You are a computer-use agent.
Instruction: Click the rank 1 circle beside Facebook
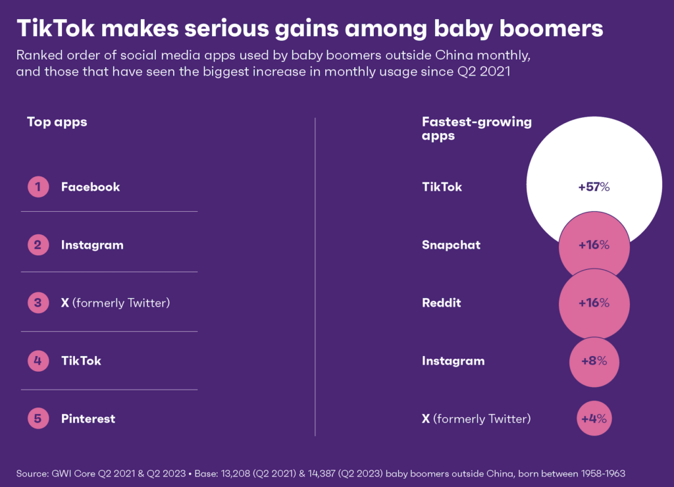tap(38, 187)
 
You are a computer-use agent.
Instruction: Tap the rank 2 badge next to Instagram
tap(38, 245)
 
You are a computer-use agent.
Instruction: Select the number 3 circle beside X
tap(38, 303)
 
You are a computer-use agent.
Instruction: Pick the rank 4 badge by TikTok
tap(38, 361)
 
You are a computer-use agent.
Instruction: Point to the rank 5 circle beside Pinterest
tap(38, 419)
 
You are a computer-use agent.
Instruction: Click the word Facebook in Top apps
tap(90, 187)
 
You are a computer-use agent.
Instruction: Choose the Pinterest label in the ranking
tap(88, 419)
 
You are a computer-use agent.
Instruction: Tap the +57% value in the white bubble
tap(594, 187)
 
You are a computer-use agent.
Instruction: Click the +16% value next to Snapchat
tap(594, 245)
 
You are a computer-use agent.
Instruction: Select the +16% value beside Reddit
tap(594, 303)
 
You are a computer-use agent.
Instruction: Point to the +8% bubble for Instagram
tap(594, 361)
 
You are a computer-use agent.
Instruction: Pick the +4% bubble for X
tap(594, 419)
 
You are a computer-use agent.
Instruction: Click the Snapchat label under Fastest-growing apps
tap(451, 245)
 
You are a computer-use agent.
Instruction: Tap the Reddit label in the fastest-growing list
tap(441, 303)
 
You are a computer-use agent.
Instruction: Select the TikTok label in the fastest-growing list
tap(442, 187)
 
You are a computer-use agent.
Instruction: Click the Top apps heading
tap(57, 122)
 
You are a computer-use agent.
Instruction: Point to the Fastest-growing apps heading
tap(477, 128)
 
